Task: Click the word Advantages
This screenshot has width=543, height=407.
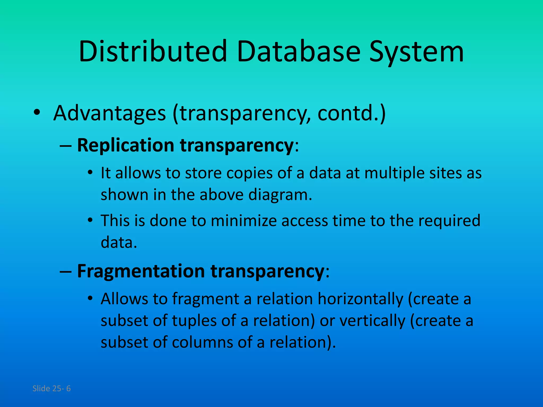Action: (x=110, y=113)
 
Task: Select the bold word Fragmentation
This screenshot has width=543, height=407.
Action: (x=141, y=271)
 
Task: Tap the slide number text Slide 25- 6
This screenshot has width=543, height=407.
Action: (x=51, y=388)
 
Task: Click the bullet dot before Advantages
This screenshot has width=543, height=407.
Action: (x=37, y=113)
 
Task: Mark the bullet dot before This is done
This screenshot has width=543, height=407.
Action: (x=90, y=220)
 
